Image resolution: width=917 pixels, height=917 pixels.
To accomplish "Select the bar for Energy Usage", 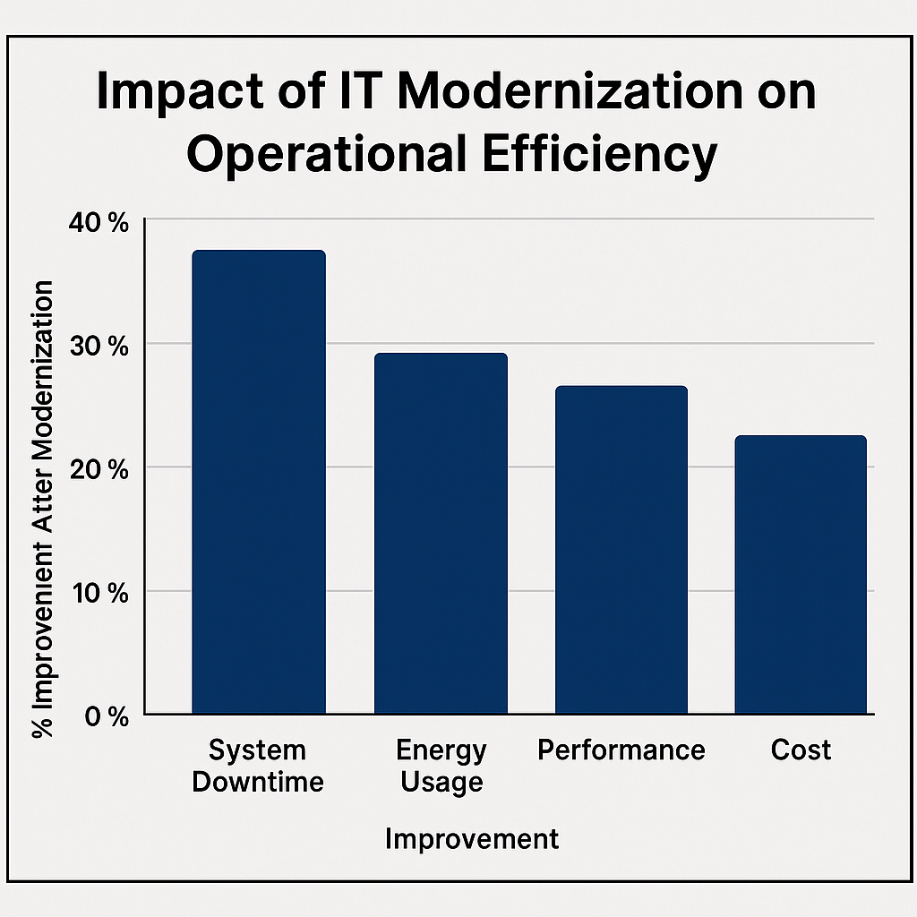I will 441,534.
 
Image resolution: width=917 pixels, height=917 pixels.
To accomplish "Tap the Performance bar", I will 621,550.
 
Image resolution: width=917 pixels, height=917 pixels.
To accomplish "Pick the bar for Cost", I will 801,575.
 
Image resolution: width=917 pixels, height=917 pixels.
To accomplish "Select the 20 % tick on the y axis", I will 98,468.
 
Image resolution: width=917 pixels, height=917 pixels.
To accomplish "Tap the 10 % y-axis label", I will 98,592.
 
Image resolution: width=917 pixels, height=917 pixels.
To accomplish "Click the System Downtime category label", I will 258,766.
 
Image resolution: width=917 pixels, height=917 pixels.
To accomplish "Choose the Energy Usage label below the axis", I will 441,766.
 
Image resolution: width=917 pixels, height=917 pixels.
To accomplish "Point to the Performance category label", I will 621,750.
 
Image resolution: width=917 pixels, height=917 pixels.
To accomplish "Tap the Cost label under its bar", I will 801,750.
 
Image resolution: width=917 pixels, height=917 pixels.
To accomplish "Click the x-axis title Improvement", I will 472,839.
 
